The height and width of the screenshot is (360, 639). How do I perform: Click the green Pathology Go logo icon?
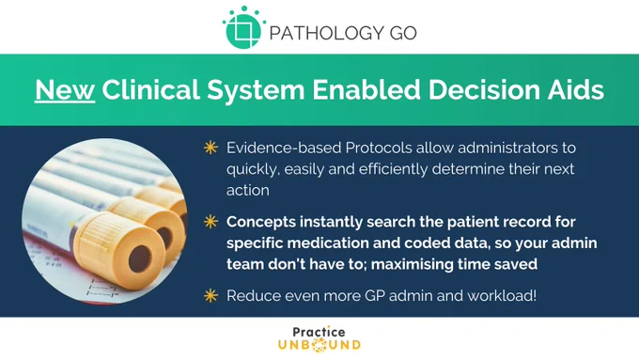click(x=243, y=27)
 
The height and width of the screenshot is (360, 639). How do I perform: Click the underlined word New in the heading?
click(x=65, y=89)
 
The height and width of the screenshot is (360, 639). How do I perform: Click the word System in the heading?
click(x=256, y=90)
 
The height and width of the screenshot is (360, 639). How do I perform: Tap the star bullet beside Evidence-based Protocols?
click(x=210, y=148)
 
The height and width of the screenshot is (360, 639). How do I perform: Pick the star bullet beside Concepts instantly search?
click(x=210, y=222)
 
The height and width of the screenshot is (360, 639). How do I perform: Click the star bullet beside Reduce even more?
click(x=210, y=295)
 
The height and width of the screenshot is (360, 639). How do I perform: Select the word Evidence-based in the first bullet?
click(x=284, y=148)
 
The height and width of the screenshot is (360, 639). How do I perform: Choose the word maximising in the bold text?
click(x=412, y=264)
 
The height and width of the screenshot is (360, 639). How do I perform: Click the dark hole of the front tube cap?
click(x=140, y=258)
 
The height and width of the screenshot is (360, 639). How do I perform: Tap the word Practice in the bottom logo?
click(x=319, y=332)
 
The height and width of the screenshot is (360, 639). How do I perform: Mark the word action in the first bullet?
click(x=248, y=191)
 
